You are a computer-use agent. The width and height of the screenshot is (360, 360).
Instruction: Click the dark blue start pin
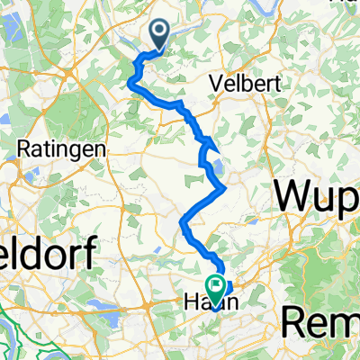(x=160, y=34)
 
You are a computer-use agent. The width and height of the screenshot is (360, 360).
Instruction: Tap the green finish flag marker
(x=216, y=287)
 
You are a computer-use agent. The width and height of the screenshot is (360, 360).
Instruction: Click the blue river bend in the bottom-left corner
(x=13, y=324)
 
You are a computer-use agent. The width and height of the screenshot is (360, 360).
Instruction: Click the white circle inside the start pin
(x=160, y=33)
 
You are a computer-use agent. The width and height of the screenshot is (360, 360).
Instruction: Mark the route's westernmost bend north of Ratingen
(x=130, y=84)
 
